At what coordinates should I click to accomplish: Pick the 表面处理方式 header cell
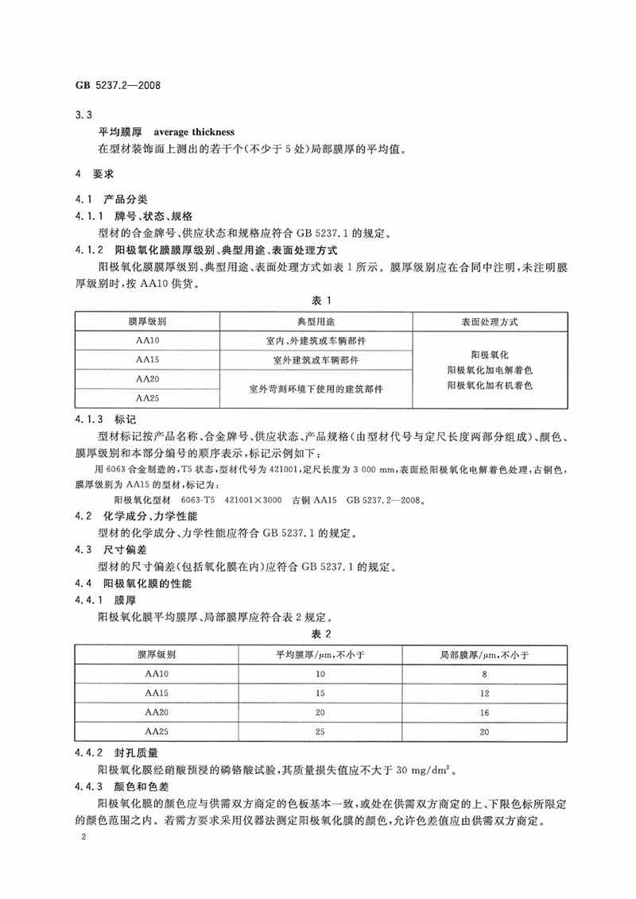tap(488, 321)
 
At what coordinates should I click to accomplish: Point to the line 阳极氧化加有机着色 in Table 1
tap(488, 385)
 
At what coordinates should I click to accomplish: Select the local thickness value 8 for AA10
tap(487, 674)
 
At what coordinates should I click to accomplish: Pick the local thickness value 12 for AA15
tap(487, 692)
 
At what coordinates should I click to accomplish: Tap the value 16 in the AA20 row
tap(487, 711)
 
